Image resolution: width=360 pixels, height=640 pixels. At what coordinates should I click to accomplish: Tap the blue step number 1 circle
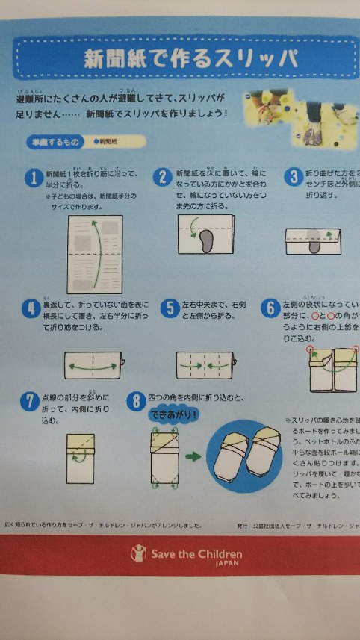pos(32,177)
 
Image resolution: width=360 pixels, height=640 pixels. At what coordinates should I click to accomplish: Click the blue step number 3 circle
pos(292,177)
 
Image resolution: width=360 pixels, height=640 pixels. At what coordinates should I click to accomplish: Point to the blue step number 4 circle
pos(29,308)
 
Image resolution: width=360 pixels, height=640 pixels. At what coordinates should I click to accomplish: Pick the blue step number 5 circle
pos(170,308)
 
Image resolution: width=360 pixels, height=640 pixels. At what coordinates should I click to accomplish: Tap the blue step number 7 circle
pos(29,401)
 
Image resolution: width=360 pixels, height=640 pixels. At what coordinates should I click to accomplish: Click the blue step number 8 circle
pos(135,401)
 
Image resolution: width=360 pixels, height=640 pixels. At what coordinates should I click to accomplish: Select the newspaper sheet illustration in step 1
pos(94,255)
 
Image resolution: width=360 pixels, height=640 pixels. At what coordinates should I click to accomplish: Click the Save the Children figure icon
pos(137,553)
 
